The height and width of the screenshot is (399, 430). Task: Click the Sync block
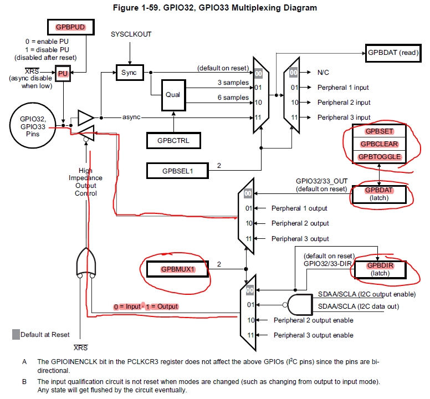pos(129,73)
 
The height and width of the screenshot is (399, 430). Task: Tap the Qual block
pos(172,95)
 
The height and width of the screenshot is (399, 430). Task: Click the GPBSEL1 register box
pos(177,171)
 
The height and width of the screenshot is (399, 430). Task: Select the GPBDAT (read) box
pos(393,53)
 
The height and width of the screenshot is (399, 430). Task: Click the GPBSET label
pos(380,131)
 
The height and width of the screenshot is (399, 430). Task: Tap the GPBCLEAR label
pos(380,144)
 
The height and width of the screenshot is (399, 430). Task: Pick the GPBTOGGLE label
pos(380,157)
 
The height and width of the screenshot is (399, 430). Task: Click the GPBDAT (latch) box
pos(380,193)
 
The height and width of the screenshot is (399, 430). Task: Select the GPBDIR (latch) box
pos(380,269)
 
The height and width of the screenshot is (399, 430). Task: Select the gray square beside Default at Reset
pos(16,334)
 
